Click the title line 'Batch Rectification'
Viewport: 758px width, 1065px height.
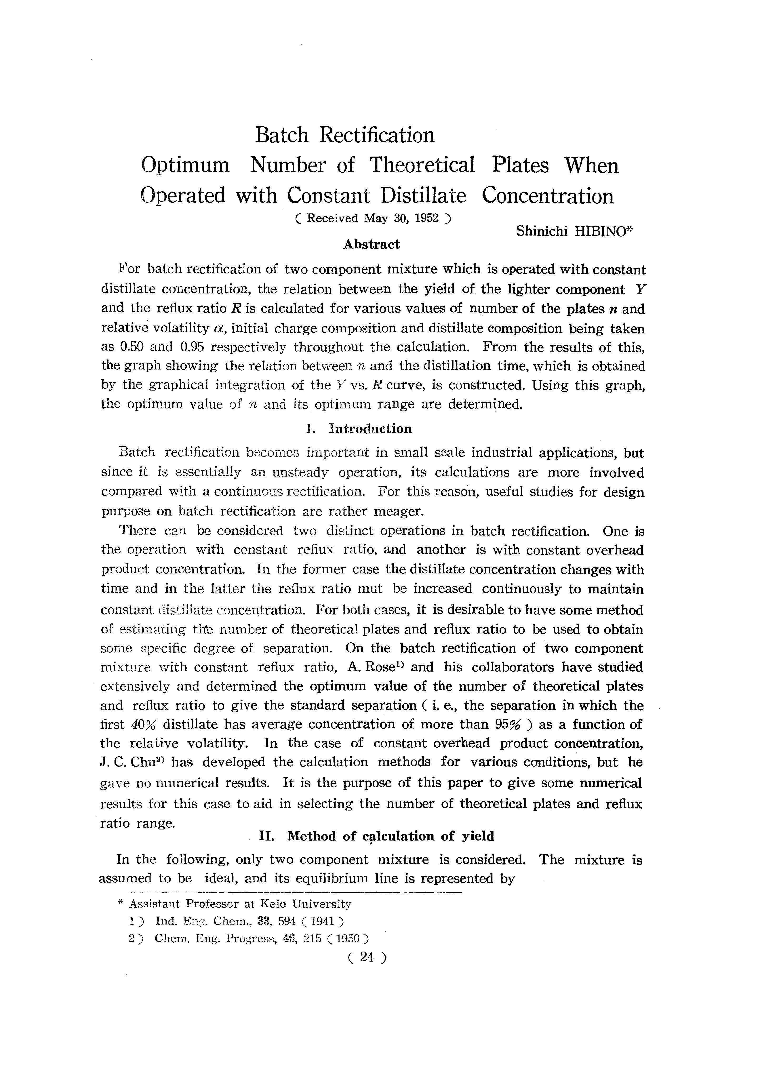345,135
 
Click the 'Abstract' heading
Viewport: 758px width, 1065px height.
371,244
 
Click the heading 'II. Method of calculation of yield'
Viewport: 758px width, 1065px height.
376,836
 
